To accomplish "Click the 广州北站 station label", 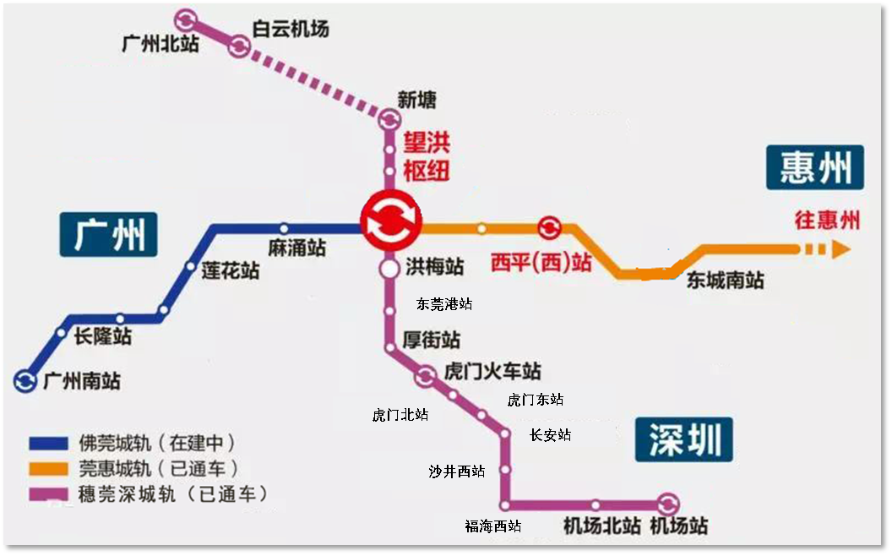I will [160, 44].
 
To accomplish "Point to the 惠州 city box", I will [815, 167].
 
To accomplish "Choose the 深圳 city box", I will [685, 439].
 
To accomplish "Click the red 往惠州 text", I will [827, 220].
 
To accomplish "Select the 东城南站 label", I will [725, 281].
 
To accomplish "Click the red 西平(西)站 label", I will [541, 262].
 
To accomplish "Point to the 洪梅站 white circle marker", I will [389, 269].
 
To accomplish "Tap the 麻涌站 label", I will [296, 249].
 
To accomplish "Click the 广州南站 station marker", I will [25, 381].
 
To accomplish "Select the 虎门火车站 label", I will [492, 372].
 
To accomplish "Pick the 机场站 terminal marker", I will [668, 504].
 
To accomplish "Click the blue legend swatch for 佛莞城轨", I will [50, 443].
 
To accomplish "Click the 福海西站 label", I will [492, 526].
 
